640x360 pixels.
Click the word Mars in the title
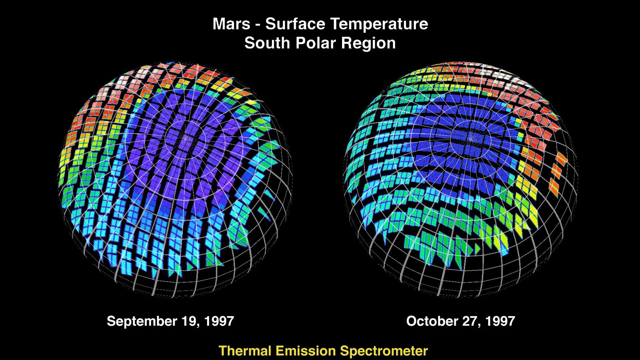pyautogui.click(x=231, y=24)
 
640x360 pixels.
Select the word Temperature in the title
pyautogui.click(x=379, y=24)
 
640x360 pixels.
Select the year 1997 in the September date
pyautogui.click(x=219, y=321)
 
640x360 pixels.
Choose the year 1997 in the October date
pyautogui.click(x=500, y=321)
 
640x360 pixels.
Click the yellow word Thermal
pyautogui.click(x=245, y=351)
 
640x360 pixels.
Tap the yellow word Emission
pyautogui.click(x=306, y=351)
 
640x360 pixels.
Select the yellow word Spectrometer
pyautogui.click(x=384, y=351)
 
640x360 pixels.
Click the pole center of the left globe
pyautogui.click(x=184, y=138)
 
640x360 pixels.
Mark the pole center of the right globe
pyautogui.click(x=471, y=137)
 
